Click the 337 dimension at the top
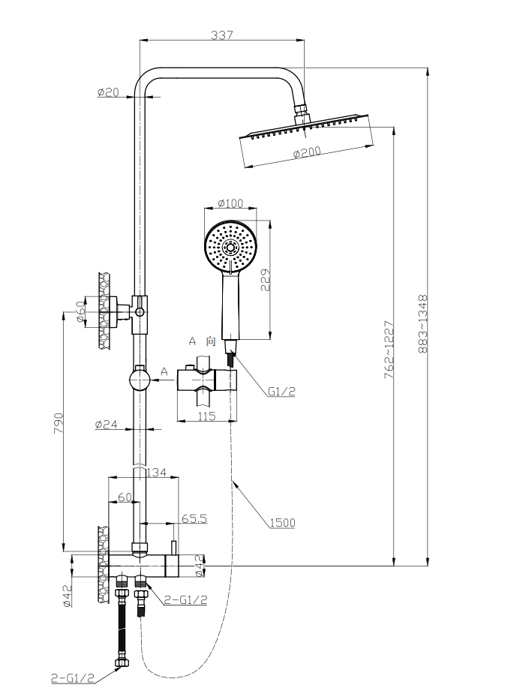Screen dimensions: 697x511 click(x=222, y=34)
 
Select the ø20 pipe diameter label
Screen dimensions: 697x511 click(x=108, y=93)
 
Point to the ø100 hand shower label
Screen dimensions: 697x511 click(x=230, y=203)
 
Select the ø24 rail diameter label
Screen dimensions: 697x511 click(x=107, y=425)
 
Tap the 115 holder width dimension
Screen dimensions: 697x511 click(x=206, y=416)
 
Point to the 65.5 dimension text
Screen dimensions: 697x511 click(x=194, y=518)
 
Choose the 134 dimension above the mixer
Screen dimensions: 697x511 click(x=156, y=472)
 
